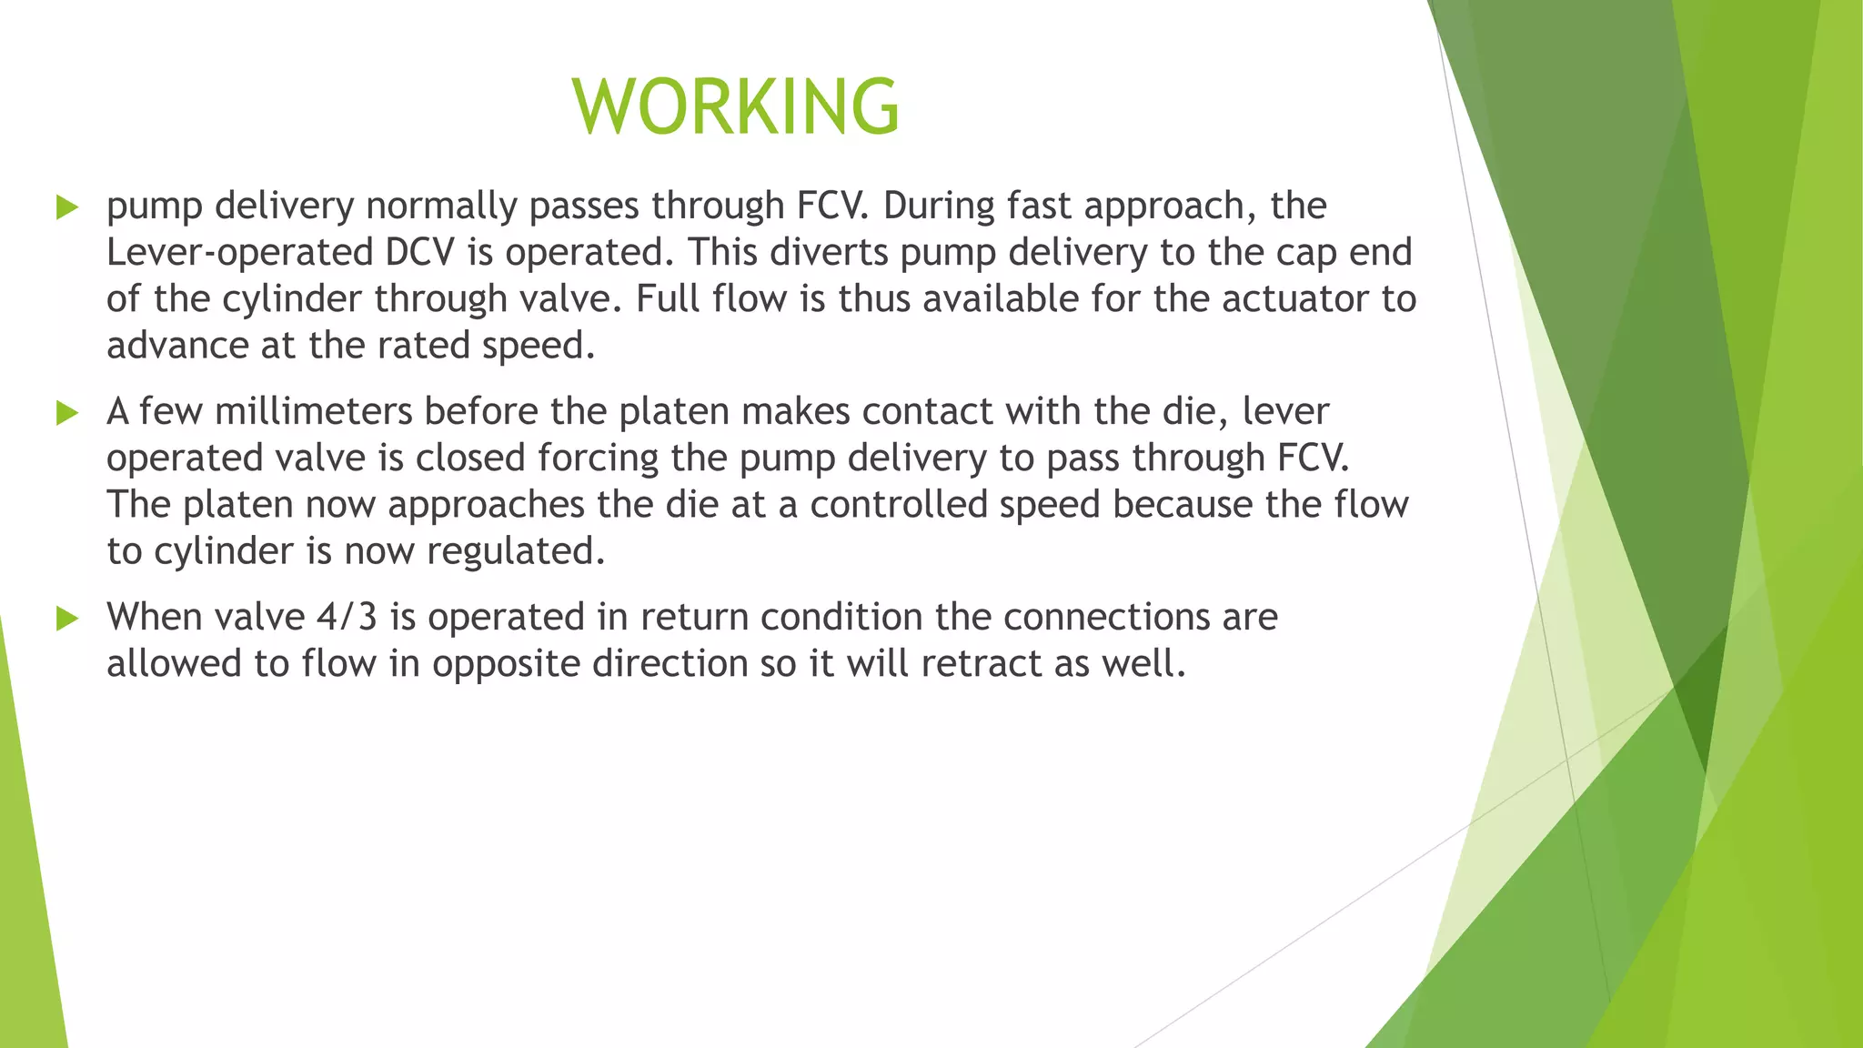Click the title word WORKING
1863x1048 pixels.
pos(736,106)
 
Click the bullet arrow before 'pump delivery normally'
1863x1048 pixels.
pos(67,207)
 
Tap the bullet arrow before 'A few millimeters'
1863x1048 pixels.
pos(67,413)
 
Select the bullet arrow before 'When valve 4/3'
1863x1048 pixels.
pos(67,619)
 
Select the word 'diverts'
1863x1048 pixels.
pos(829,253)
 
